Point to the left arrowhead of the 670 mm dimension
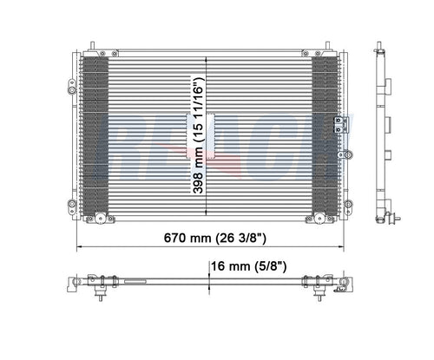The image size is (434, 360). tap(81, 246)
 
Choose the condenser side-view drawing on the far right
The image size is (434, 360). tap(383, 130)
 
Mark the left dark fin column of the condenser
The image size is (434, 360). tap(95, 134)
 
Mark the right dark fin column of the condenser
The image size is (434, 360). tap(325, 134)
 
